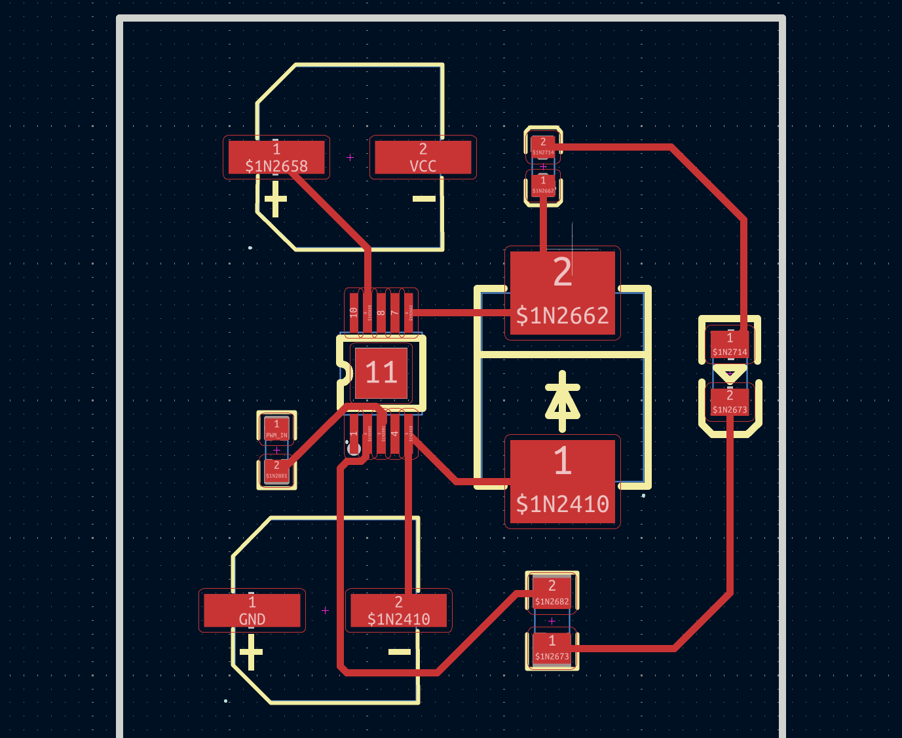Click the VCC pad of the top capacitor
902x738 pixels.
[423, 158]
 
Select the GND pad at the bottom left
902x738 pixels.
[252, 610]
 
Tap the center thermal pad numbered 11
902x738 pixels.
[381, 373]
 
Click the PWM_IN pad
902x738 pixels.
[276, 430]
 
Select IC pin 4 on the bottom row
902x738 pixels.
[394, 434]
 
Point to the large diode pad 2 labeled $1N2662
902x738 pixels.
[562, 292]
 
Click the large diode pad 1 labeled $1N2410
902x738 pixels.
[562, 481]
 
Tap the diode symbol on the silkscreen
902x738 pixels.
[562, 401]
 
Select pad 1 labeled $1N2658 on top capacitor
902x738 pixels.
[276, 158]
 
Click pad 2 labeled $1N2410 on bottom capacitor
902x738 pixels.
[398, 610]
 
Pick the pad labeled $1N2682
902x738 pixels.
[552, 592]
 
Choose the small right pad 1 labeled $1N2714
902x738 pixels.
[730, 344]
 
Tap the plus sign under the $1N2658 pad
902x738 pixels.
[275, 198]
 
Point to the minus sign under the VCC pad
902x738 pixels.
[424, 198]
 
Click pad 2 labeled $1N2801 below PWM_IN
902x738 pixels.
[276, 470]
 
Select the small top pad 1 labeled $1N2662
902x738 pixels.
[543, 185]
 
